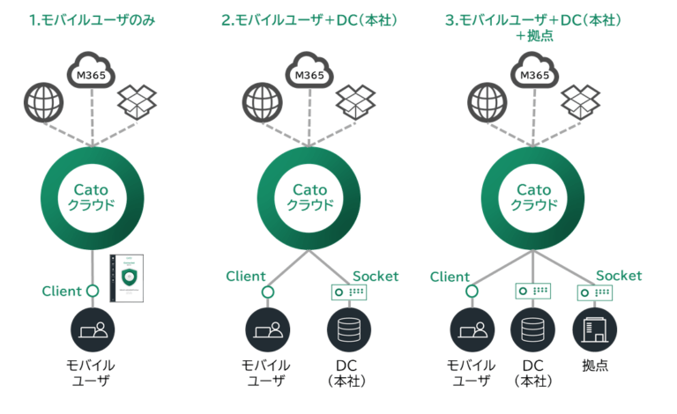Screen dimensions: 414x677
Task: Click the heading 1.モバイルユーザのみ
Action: pyautogui.click(x=92, y=17)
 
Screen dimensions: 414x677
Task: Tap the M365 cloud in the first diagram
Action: pyautogui.click(x=93, y=70)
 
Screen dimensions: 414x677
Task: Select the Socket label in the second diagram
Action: pyautogui.click(x=376, y=276)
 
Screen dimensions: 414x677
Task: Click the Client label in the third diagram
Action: pyautogui.click(x=450, y=277)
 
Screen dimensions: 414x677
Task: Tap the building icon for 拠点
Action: pyautogui.click(x=594, y=330)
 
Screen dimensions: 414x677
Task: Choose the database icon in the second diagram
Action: pyautogui.click(x=348, y=330)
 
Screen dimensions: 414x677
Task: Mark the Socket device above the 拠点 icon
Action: pyautogui.click(x=594, y=292)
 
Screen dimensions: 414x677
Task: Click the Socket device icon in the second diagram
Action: pyautogui.click(x=348, y=292)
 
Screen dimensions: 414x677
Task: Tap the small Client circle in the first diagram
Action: pyautogui.click(x=93, y=292)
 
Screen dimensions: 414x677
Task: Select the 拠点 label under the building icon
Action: pyautogui.click(x=594, y=365)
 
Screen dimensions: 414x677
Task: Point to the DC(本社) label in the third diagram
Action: pyautogui.click(x=532, y=373)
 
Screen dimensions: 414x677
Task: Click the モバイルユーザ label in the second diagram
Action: pyautogui.click(x=265, y=373)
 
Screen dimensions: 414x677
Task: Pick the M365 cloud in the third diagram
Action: pyautogui.click(x=533, y=70)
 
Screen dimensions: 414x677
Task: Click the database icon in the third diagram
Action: pyautogui.click(x=532, y=330)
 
